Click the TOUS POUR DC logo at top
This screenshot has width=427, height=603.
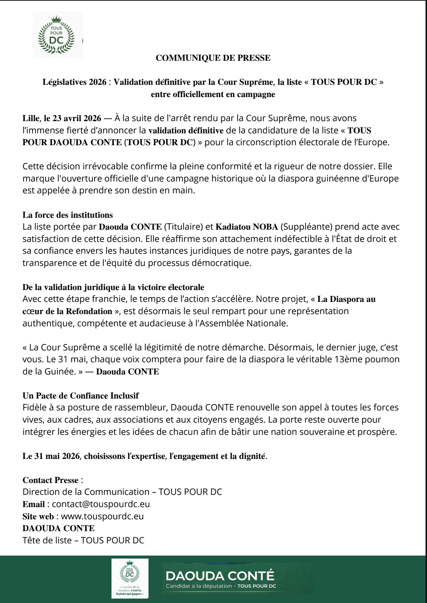click(57, 35)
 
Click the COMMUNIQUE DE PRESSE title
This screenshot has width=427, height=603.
click(213, 58)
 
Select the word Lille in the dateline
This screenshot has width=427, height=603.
click(31, 118)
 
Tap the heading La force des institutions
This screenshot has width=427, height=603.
click(68, 215)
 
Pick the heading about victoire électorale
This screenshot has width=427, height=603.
click(113, 287)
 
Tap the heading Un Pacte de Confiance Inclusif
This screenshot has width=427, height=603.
click(81, 396)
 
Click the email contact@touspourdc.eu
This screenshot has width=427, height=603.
click(101, 504)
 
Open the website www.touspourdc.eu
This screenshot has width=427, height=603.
click(102, 516)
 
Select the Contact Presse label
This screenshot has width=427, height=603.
click(50, 480)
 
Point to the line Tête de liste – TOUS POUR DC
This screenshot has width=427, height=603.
click(83, 540)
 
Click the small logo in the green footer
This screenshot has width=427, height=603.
click(130, 578)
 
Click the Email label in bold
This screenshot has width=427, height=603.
click(34, 504)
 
